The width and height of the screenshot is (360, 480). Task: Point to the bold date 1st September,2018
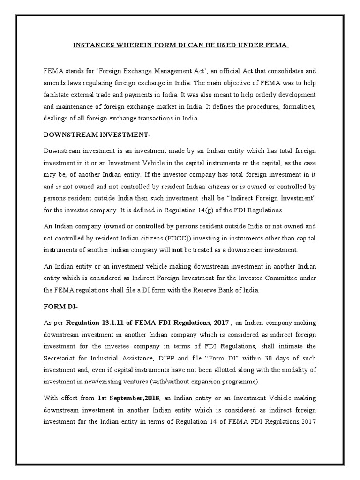tap(128, 398)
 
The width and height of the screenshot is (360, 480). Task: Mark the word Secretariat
tap(61, 358)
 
